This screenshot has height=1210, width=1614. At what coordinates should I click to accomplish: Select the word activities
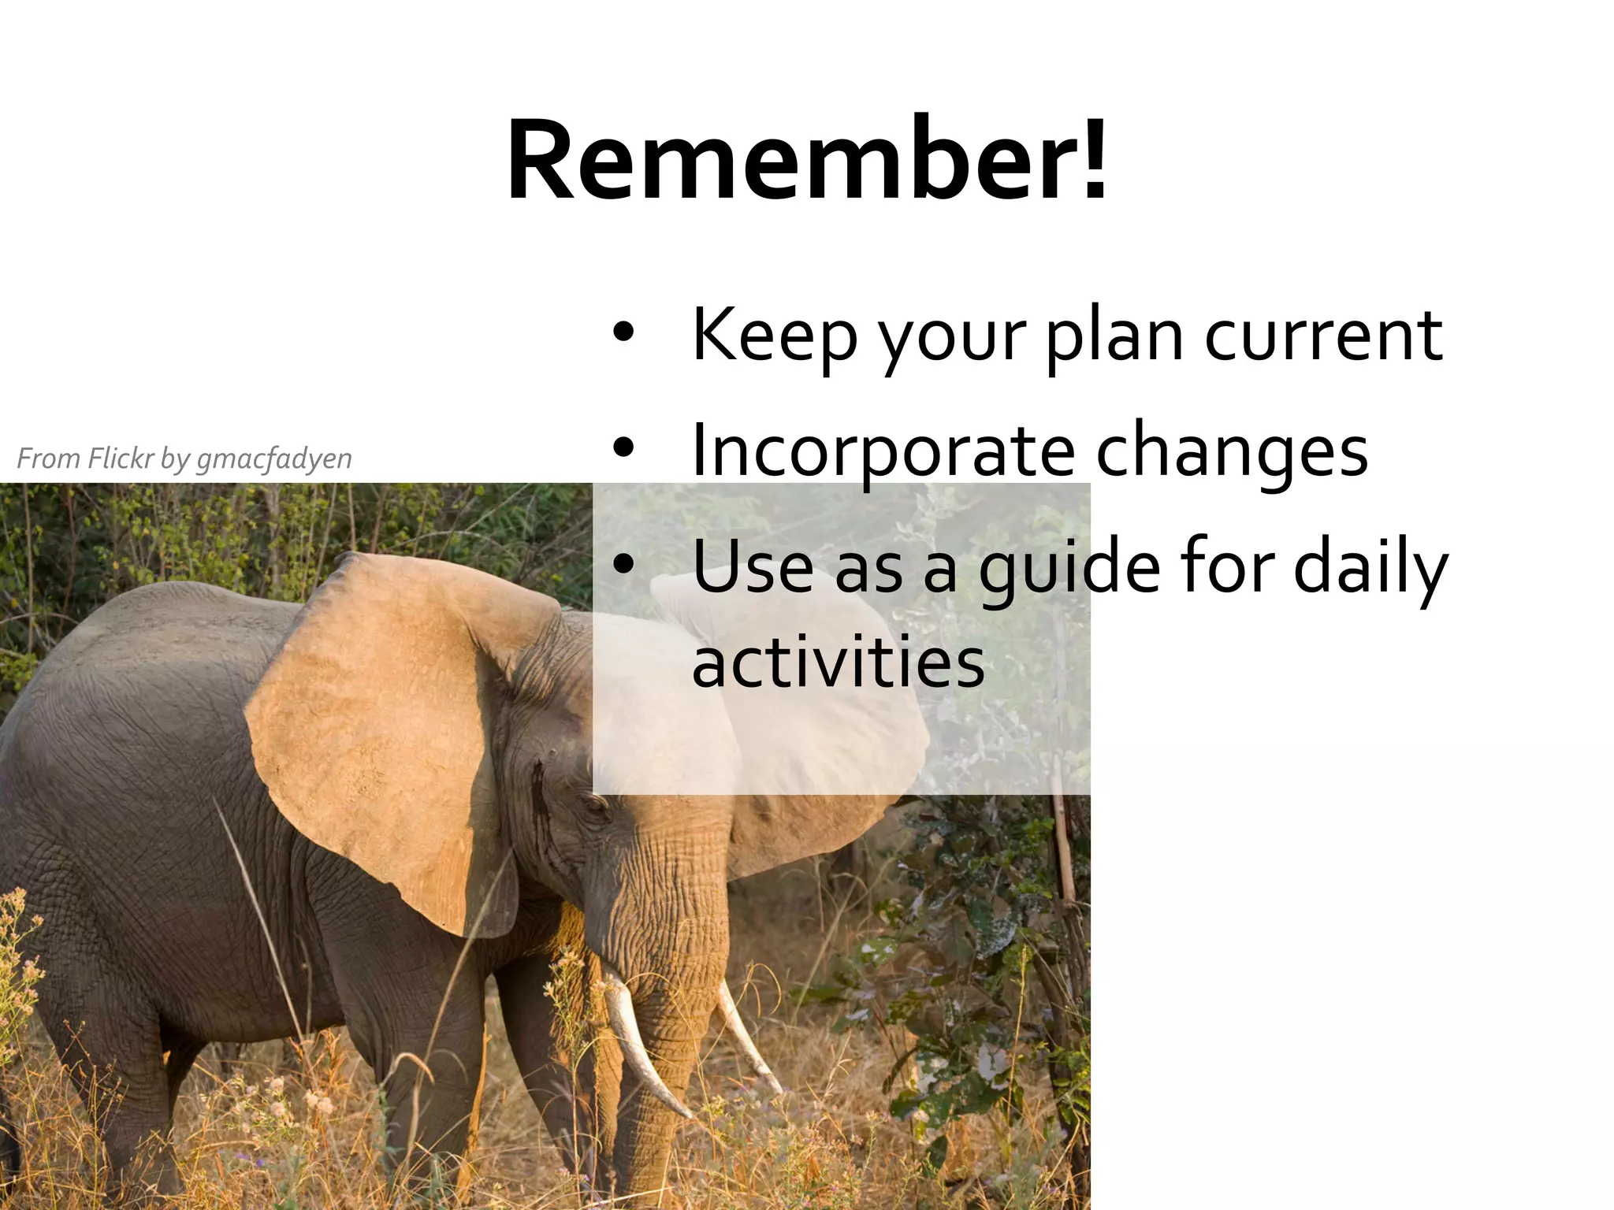coord(839,662)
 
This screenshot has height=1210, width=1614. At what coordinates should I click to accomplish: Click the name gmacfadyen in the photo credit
coord(273,458)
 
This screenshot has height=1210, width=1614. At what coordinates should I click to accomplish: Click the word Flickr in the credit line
coord(119,458)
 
